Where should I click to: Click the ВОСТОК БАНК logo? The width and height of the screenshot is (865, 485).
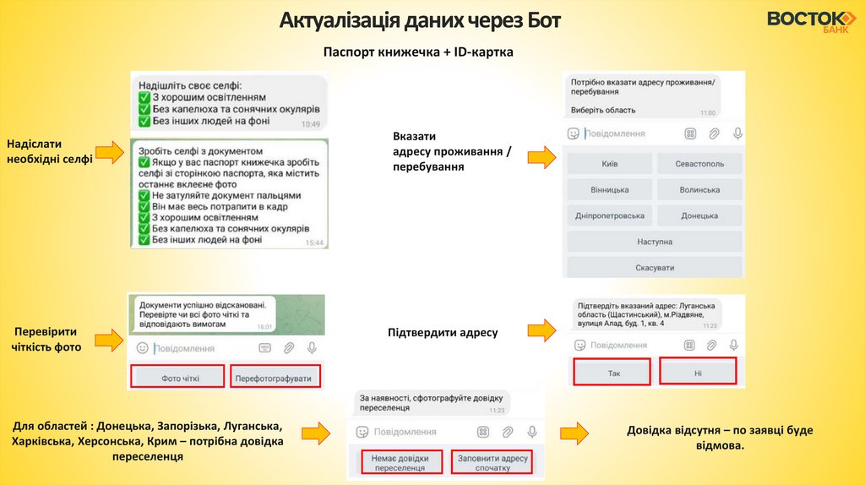click(x=810, y=22)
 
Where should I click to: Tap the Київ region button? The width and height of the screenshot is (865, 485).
click(x=609, y=164)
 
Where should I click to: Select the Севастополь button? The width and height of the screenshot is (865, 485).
click(x=699, y=164)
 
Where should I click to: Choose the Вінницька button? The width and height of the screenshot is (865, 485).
click(x=609, y=190)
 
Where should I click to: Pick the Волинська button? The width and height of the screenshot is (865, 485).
click(x=699, y=190)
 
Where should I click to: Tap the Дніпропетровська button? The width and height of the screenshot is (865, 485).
click(x=609, y=216)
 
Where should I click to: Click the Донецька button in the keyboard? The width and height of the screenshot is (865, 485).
click(x=699, y=216)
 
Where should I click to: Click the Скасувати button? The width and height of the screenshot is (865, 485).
click(x=655, y=268)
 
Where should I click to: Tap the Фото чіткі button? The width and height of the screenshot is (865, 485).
click(x=180, y=378)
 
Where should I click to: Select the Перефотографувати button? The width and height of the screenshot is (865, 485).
click(x=275, y=378)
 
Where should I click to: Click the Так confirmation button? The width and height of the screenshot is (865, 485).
click(x=613, y=372)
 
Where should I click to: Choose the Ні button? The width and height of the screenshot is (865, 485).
click(x=698, y=372)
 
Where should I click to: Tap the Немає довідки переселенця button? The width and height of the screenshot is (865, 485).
click(x=401, y=462)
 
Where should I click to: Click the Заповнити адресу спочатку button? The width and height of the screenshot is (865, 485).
click(x=492, y=462)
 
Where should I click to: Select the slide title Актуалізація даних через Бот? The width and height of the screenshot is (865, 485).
click(x=420, y=19)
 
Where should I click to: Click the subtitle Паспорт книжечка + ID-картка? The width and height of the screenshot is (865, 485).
click(x=418, y=52)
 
